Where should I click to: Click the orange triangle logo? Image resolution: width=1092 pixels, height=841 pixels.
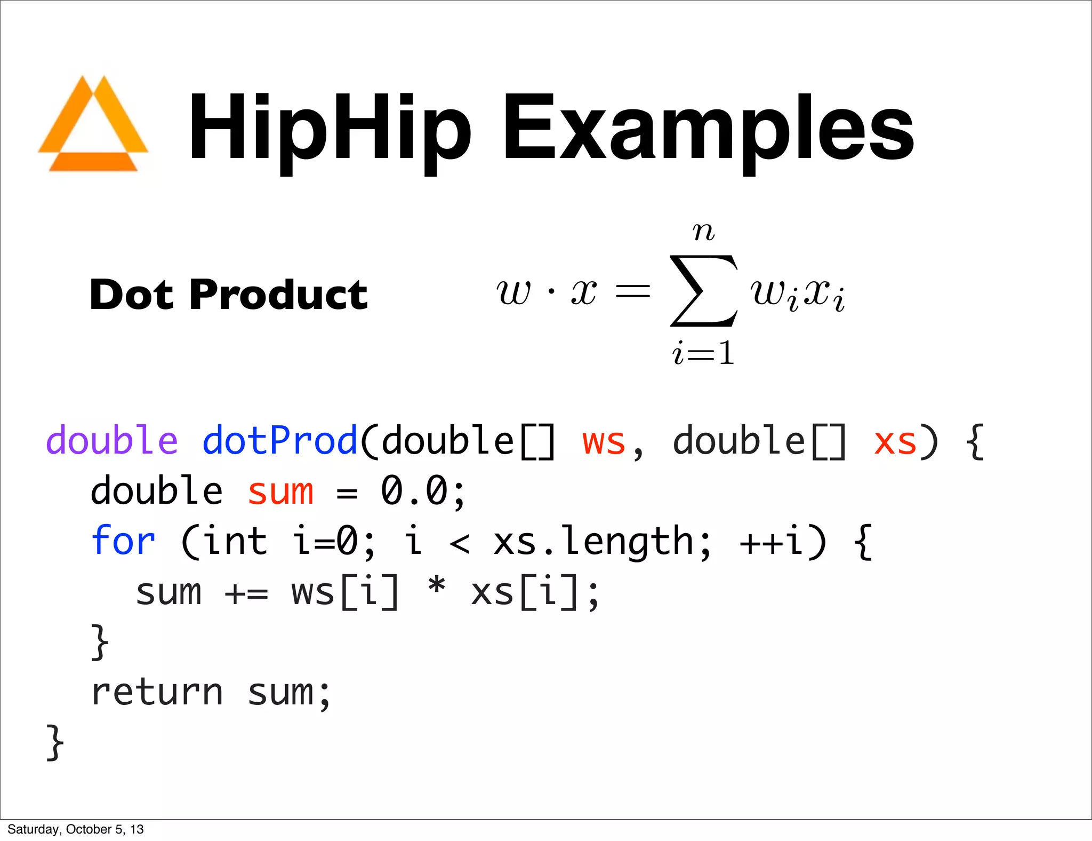[93, 125]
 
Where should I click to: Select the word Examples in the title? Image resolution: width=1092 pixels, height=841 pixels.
[708, 128]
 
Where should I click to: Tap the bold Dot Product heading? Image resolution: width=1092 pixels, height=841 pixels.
[229, 295]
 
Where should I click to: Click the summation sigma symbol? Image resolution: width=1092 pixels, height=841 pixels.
[704, 291]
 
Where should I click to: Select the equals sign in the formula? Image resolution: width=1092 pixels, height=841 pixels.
[633, 291]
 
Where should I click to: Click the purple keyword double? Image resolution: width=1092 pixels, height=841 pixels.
[112, 441]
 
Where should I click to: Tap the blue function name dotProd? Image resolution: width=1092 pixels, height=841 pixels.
[280, 441]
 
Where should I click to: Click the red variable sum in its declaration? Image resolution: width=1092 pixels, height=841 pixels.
[280, 491]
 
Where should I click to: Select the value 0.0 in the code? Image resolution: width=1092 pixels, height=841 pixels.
[415, 491]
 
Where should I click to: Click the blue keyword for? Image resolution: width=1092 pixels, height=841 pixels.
[123, 541]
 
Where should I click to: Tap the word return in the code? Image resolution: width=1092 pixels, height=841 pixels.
[157, 693]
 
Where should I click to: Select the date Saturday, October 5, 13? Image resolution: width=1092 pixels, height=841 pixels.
[76, 829]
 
